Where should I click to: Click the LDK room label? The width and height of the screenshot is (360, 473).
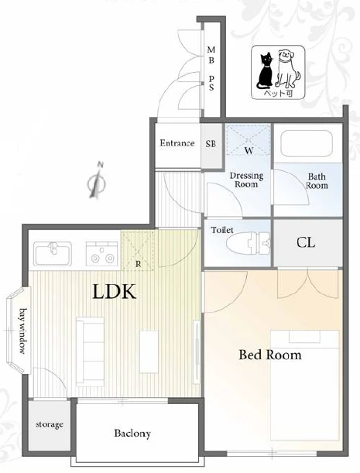(114, 292)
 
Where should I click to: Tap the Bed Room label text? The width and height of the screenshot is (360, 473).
(270, 355)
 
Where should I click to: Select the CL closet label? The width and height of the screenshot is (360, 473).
(306, 242)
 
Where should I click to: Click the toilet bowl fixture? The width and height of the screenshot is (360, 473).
(248, 242)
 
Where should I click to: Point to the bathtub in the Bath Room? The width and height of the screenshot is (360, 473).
(307, 143)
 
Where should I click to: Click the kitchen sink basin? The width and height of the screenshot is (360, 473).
(53, 254)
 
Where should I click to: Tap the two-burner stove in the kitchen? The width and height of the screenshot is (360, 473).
(102, 254)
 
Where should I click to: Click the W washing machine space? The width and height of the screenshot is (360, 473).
(249, 139)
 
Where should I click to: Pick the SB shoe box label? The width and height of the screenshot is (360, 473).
(211, 144)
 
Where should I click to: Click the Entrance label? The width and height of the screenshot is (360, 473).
(177, 143)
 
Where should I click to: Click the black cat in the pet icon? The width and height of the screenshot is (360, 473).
(265, 70)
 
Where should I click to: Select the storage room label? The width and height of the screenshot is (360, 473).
(50, 425)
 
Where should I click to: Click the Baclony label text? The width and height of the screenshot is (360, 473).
(132, 434)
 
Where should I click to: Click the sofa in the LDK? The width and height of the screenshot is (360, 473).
(91, 351)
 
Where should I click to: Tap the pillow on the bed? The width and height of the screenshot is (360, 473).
(304, 337)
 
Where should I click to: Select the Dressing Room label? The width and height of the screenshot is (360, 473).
(246, 180)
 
